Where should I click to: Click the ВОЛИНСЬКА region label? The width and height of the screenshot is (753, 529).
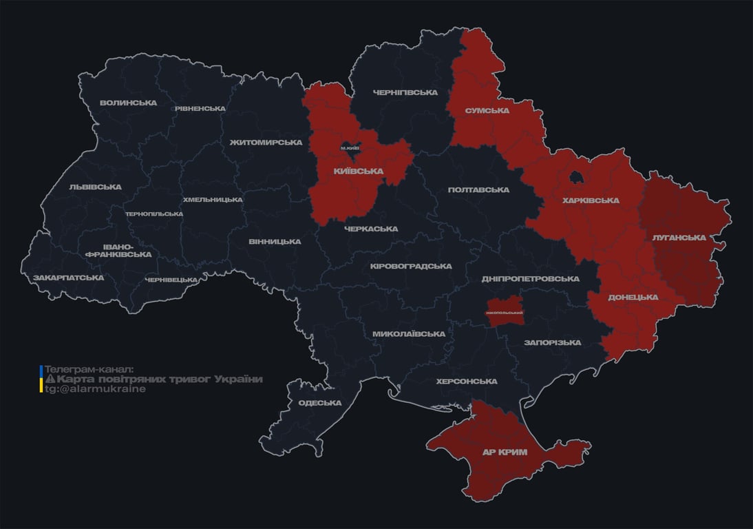(x=128, y=103)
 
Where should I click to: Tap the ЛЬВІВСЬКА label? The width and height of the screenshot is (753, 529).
(x=95, y=187)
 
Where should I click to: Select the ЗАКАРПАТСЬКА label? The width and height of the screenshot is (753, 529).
(x=69, y=278)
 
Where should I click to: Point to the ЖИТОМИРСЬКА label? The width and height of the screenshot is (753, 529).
(x=266, y=143)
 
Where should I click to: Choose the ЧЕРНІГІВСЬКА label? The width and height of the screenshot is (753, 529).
(x=405, y=92)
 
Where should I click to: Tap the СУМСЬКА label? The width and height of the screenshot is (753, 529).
(x=487, y=110)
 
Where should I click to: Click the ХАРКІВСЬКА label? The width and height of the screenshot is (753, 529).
(x=590, y=200)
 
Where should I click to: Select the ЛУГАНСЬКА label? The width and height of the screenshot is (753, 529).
(x=679, y=238)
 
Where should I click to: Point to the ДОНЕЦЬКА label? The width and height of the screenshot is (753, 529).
(x=633, y=297)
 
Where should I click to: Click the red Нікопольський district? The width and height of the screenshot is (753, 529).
(x=505, y=307)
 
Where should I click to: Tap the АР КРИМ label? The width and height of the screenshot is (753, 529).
(x=505, y=452)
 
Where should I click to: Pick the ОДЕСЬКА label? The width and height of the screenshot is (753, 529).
(x=320, y=403)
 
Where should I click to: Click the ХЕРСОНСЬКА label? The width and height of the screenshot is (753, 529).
(x=467, y=381)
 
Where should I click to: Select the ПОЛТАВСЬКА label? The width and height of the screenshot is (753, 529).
(x=478, y=189)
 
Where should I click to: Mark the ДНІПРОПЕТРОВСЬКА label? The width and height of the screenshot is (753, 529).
(x=530, y=278)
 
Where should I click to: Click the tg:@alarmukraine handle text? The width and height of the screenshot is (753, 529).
(x=95, y=388)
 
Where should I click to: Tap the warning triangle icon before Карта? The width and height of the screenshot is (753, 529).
(x=50, y=380)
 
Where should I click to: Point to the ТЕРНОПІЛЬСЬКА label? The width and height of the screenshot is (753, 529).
(x=154, y=214)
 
